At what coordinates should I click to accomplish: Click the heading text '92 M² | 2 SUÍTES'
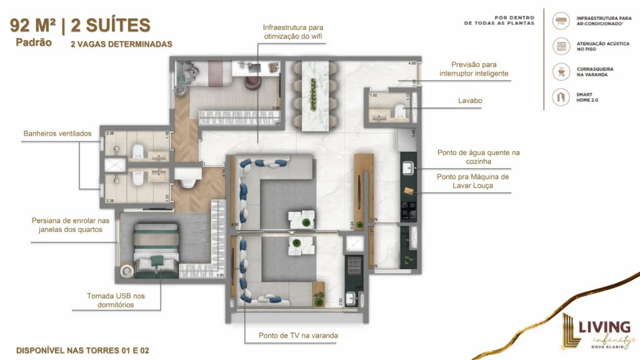(x=80, y=26)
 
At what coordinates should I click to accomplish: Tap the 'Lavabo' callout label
(x=469, y=100)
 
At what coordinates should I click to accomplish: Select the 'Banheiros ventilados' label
(x=57, y=133)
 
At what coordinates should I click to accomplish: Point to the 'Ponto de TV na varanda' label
(x=298, y=336)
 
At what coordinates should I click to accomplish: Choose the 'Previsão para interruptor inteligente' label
(x=473, y=69)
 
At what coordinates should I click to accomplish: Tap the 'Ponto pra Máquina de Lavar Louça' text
(x=473, y=181)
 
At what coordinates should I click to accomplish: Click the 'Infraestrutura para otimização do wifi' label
(x=292, y=32)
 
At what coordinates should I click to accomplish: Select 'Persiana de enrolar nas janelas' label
(x=70, y=225)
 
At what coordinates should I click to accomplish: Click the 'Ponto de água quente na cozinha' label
(x=478, y=157)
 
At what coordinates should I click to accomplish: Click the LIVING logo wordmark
(x=603, y=327)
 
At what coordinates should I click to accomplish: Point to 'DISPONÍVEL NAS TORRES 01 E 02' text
(x=82, y=350)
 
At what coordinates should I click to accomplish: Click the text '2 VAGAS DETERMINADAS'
(x=121, y=44)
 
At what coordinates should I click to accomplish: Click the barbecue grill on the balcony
(x=353, y=263)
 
